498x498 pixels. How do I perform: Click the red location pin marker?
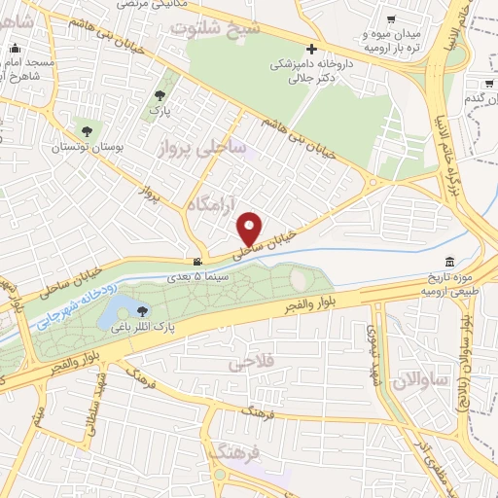250,228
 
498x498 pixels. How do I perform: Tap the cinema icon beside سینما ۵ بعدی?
198,262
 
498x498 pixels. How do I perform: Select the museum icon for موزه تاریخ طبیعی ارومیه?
448,263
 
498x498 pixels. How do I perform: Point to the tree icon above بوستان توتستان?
87,130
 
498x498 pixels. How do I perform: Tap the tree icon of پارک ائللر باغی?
144,311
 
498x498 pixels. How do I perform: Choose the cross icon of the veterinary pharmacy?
311,49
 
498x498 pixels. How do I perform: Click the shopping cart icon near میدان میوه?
390,18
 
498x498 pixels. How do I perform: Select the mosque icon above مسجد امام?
14,48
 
